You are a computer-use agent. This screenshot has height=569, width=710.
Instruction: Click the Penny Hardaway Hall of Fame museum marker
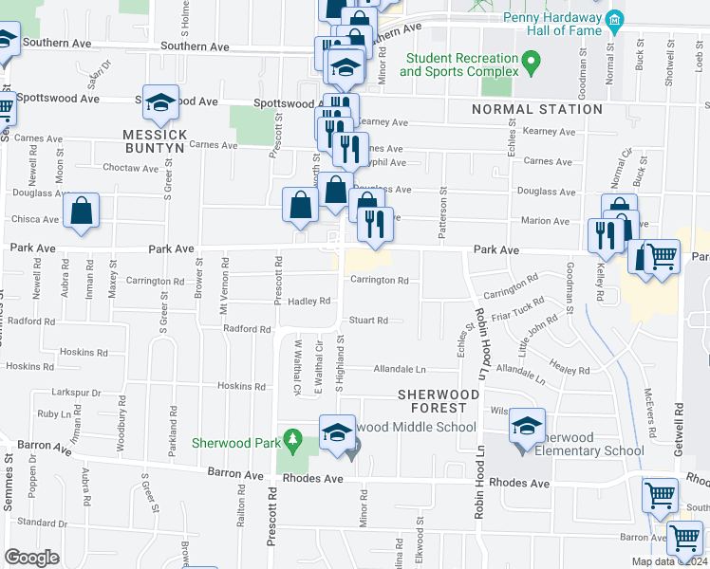coord(614,20)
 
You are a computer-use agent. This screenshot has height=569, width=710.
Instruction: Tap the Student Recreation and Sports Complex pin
coord(531,64)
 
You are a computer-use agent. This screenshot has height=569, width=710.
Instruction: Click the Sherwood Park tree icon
coord(294,440)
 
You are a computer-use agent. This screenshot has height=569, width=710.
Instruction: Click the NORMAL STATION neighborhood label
coord(537,109)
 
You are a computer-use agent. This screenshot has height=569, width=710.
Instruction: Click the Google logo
coord(31,558)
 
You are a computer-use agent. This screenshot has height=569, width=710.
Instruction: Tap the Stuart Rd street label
coord(368,321)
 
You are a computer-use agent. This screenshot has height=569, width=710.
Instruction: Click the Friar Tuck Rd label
coord(525,308)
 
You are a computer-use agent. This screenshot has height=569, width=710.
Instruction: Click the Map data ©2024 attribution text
coord(669,561)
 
